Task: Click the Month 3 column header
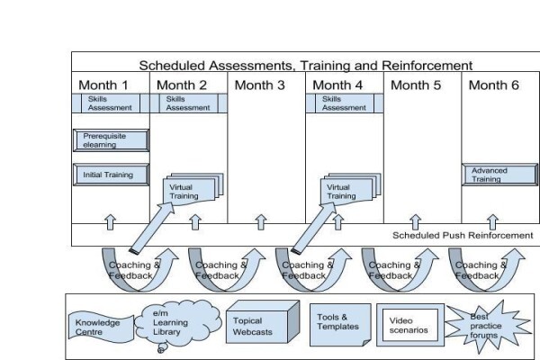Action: point(260,85)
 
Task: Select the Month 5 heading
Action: point(416,85)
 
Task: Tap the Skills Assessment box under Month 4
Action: point(345,103)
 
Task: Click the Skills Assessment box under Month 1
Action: point(111,103)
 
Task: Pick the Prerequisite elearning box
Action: point(112,140)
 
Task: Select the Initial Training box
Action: point(112,175)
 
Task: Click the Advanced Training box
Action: point(499,175)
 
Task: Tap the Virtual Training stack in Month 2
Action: point(193,189)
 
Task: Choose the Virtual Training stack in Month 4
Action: point(350,189)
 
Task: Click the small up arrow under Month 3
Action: point(261,222)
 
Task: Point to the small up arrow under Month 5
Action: point(415,222)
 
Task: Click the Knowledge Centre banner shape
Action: point(101,328)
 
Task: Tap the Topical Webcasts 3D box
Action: point(263,322)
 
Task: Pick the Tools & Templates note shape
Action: point(340,325)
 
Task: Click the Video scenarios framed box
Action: point(410,325)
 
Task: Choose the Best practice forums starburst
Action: point(487,326)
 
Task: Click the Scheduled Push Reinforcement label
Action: point(463,235)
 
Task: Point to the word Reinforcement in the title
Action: point(427,65)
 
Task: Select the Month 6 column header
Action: point(493,85)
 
